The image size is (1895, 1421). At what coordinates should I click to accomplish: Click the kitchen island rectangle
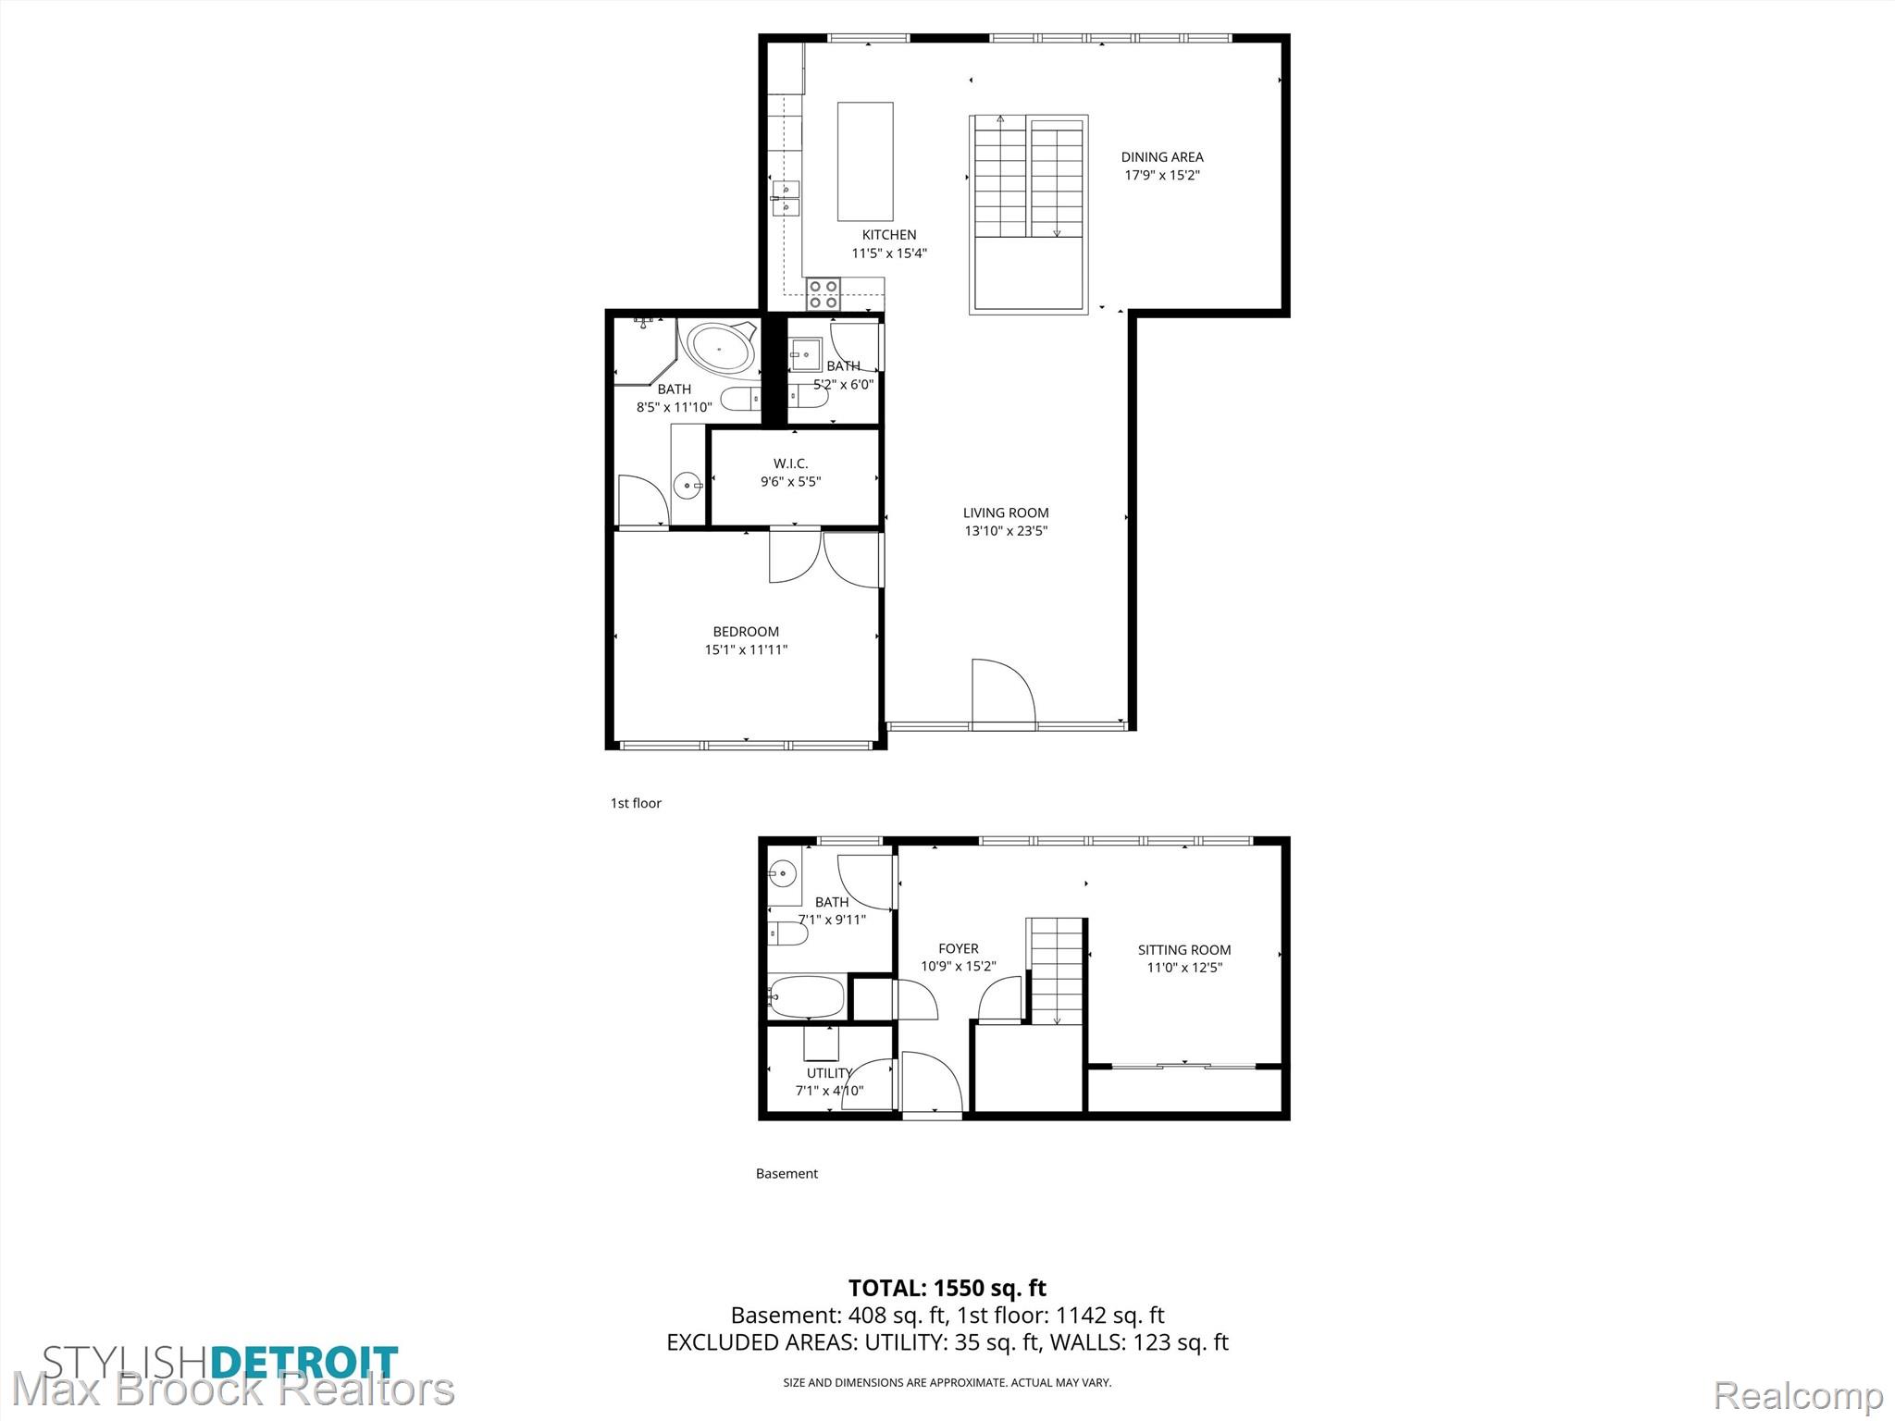pyautogui.click(x=865, y=161)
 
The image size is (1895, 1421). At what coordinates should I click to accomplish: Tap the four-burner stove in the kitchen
pyautogui.click(x=823, y=294)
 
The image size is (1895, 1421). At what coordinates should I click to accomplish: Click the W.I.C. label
pyautogui.click(x=791, y=463)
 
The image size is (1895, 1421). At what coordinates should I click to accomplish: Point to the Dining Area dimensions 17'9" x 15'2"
pyautogui.click(x=1162, y=175)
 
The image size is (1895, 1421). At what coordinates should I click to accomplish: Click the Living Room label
pyautogui.click(x=1006, y=513)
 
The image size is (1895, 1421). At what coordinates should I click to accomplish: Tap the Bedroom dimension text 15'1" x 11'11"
pyautogui.click(x=746, y=649)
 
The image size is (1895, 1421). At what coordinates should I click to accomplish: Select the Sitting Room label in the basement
pyautogui.click(x=1184, y=949)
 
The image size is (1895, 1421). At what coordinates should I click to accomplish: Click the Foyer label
pyautogui.click(x=959, y=948)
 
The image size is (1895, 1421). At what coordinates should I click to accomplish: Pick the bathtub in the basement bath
pyautogui.click(x=806, y=996)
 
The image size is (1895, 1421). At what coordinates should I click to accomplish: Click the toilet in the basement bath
pyautogui.click(x=788, y=933)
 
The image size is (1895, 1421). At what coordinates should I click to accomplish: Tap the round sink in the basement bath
pyautogui.click(x=783, y=871)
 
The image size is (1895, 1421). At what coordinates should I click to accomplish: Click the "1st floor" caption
pyautogui.click(x=636, y=803)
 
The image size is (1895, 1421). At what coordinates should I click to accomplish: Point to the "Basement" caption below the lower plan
pyautogui.click(x=787, y=1173)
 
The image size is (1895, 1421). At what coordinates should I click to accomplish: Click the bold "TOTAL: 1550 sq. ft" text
pyautogui.click(x=947, y=1288)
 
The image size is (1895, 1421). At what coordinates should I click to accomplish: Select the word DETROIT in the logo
pyautogui.click(x=304, y=1364)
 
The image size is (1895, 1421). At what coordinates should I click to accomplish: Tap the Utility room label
pyautogui.click(x=829, y=1073)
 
